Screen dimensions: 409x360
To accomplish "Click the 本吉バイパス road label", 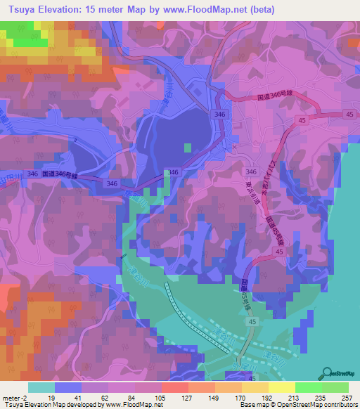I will click(285, 155).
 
